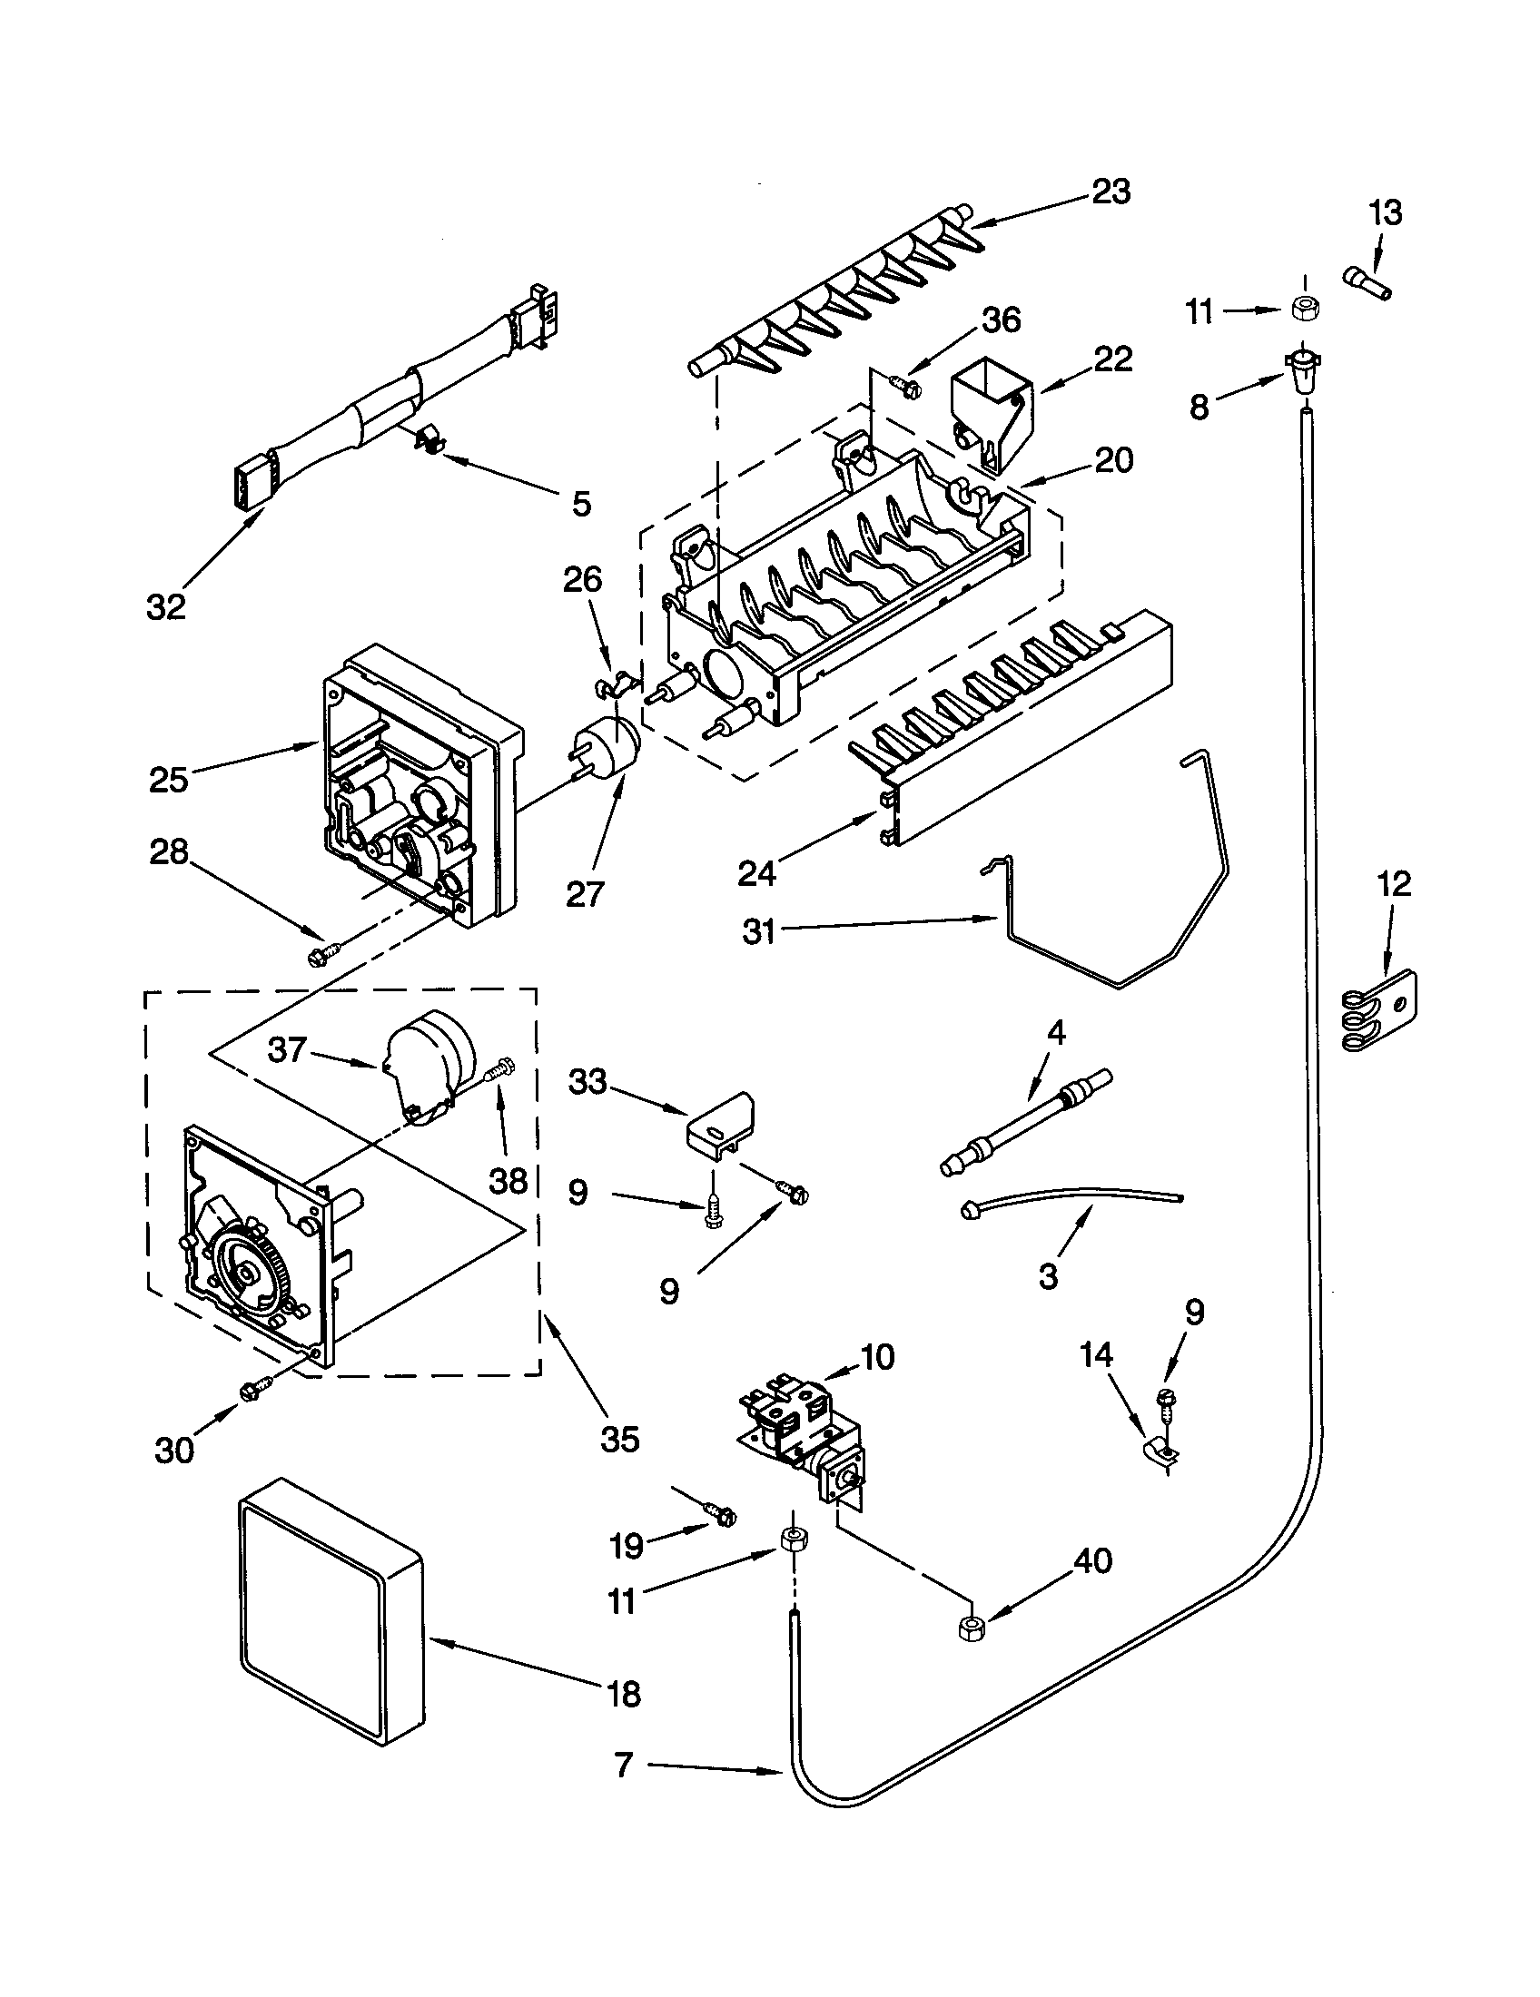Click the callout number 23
(x=1111, y=192)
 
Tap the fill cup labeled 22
(x=991, y=413)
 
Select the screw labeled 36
(x=908, y=387)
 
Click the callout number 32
(x=165, y=606)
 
